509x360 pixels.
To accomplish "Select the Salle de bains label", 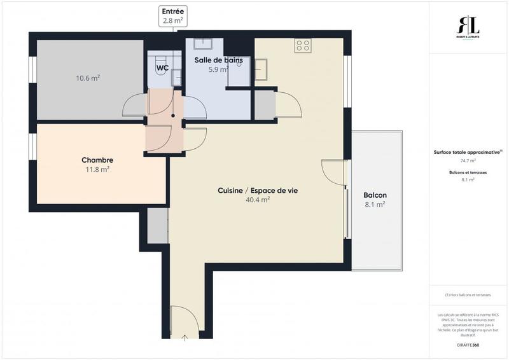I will [218, 60].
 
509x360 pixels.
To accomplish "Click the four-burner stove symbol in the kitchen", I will [303, 45].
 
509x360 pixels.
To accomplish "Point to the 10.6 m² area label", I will [88, 78].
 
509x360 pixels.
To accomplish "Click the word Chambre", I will [97, 160].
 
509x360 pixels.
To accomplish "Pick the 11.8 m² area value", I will [97, 170].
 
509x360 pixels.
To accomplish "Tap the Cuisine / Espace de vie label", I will [258, 190].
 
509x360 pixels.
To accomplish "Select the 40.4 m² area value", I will [258, 200].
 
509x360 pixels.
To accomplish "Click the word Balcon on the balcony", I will [375, 195].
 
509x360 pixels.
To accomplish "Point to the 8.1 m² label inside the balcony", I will [375, 205].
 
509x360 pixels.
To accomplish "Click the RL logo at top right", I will [470, 27].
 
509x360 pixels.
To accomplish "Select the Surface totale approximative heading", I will [468, 152].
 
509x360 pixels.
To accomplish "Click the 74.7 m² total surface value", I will [468, 161].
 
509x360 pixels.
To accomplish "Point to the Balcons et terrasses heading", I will [468, 172].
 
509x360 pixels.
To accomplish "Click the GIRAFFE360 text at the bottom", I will [468, 344].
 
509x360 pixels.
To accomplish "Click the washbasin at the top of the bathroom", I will [204, 45].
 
